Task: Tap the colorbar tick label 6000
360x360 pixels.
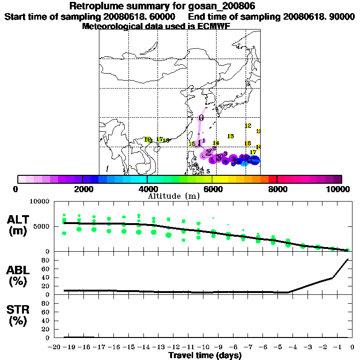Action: click(x=212, y=189)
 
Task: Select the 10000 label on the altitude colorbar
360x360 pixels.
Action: click(x=341, y=189)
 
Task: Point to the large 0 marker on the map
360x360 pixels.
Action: click(x=201, y=118)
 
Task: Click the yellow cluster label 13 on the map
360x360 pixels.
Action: click(x=230, y=136)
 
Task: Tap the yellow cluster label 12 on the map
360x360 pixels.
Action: click(x=248, y=126)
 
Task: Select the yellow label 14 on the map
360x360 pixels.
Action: click(x=216, y=143)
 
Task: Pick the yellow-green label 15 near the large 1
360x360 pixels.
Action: click(x=192, y=144)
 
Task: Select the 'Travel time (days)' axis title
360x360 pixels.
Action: click(x=204, y=356)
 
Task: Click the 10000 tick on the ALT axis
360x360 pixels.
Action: click(x=40, y=202)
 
